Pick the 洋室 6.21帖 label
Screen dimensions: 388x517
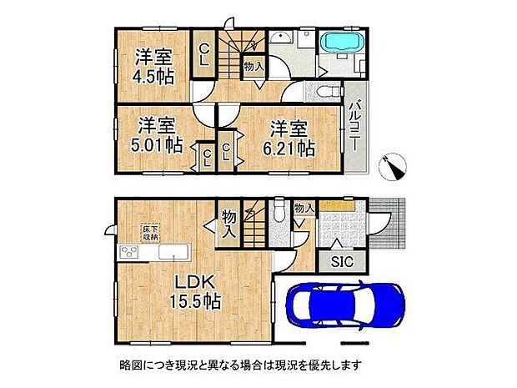[289, 138]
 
